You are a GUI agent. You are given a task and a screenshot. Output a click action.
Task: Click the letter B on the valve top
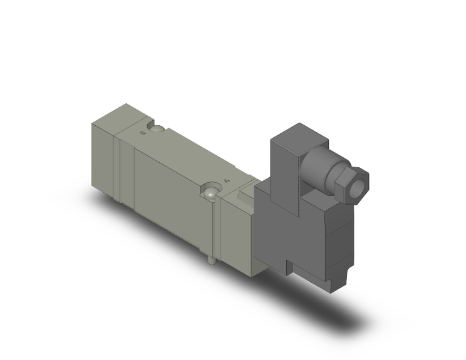143,133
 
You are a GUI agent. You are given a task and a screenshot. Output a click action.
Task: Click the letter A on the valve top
226,180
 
